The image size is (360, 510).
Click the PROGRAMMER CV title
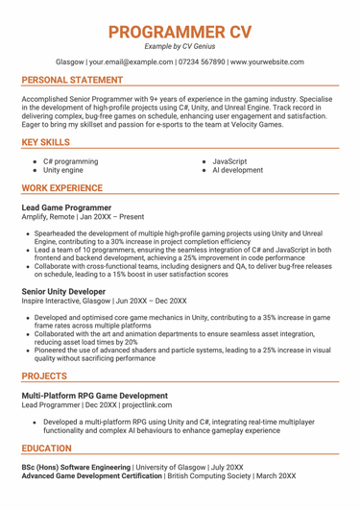180,31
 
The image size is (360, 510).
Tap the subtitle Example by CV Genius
180,46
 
